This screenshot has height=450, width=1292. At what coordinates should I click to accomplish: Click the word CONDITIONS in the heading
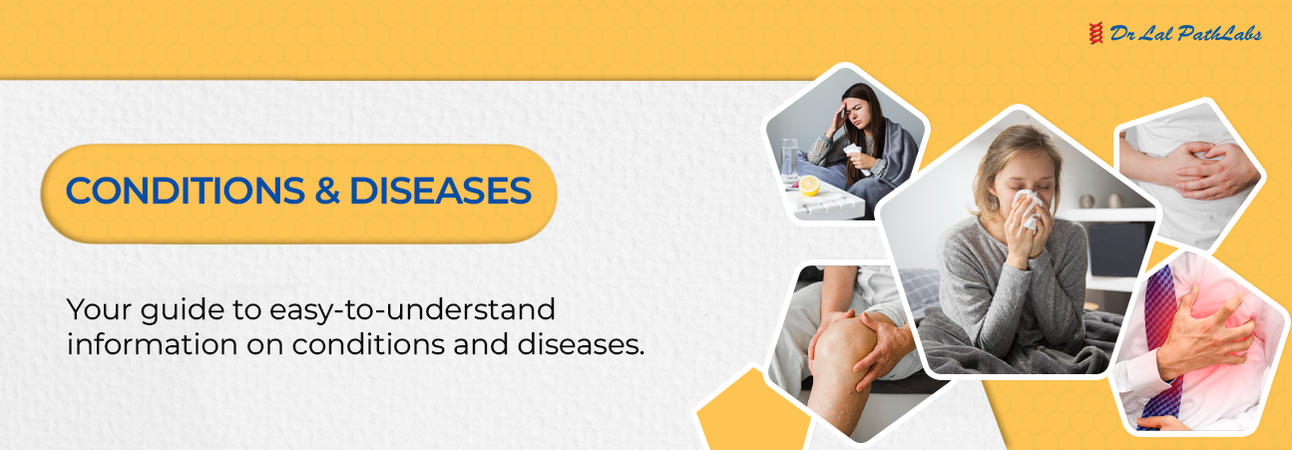coord(186,191)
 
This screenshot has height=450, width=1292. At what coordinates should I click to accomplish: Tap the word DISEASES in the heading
coord(440,191)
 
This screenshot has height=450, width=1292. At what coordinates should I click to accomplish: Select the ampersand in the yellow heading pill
coord(327,191)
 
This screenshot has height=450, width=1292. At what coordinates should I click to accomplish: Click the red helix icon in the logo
coord(1095,34)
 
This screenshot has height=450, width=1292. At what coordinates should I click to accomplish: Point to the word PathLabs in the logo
coord(1219,35)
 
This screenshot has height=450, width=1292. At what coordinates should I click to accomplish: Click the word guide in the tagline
coord(182,310)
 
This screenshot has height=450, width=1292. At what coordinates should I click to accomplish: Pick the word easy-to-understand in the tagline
coord(412,310)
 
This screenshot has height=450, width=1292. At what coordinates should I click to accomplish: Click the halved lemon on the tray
coord(809,186)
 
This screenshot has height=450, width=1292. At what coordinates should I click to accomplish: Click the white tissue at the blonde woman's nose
coord(1028,209)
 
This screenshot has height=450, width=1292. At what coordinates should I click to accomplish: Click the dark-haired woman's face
coord(855,112)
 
